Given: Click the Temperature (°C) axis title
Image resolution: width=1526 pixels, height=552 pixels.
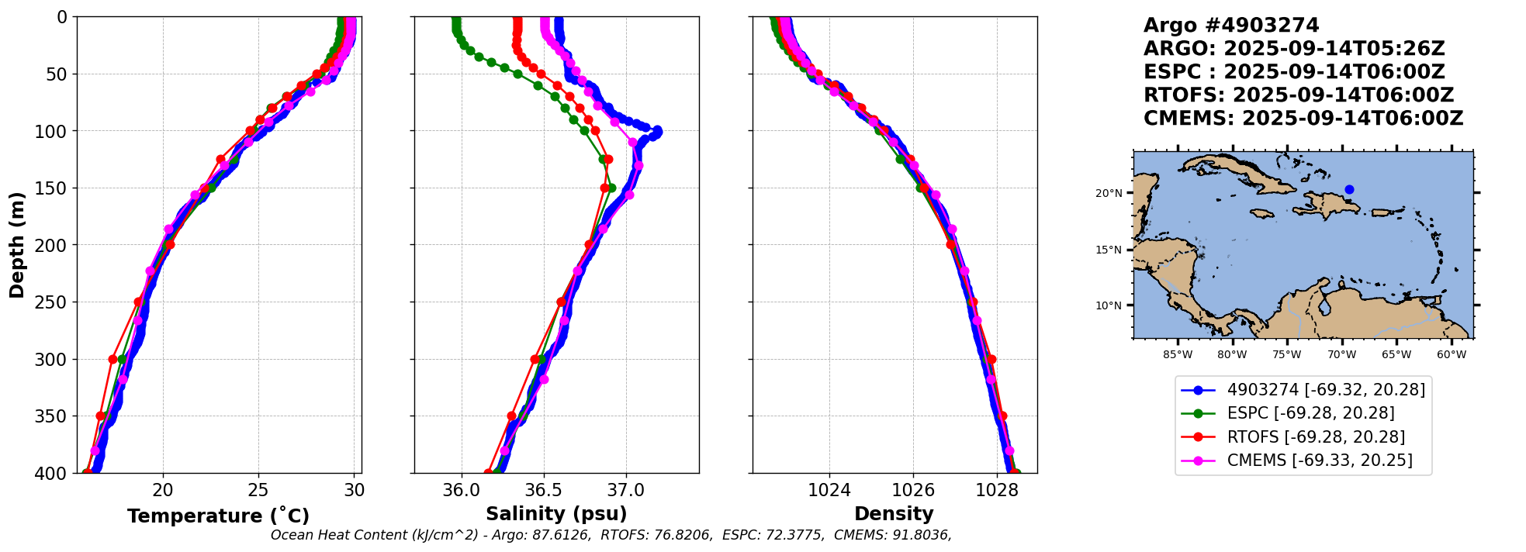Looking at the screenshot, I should [x=218, y=516].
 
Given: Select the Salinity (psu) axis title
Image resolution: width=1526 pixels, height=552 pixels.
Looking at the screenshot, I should [x=556, y=514].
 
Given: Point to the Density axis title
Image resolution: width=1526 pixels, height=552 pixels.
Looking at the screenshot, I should [x=894, y=514].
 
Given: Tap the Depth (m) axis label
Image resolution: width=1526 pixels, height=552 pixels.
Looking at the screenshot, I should [x=17, y=245].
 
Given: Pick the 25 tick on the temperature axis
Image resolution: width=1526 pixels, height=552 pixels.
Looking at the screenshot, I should [x=258, y=490].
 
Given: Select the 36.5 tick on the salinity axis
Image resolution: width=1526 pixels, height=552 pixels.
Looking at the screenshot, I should [x=543, y=490].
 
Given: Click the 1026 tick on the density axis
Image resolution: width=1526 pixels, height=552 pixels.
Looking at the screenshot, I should [x=913, y=490].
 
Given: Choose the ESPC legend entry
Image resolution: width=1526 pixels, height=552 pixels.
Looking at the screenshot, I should [x=1310, y=413].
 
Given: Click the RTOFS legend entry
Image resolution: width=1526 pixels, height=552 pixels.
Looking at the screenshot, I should [x=1316, y=437].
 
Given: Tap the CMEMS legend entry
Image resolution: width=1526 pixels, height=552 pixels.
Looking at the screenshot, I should [x=1319, y=461].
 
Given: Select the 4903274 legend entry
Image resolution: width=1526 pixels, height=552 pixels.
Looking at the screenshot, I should [x=1326, y=390].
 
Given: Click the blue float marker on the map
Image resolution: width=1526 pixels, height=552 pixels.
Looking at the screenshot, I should [x=1349, y=189].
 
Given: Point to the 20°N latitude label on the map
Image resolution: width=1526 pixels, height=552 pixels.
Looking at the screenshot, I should [x=1109, y=193].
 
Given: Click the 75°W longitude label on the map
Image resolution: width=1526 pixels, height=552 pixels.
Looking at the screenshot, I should [x=1286, y=355].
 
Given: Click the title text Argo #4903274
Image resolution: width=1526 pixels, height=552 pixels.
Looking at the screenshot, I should [x=1231, y=26].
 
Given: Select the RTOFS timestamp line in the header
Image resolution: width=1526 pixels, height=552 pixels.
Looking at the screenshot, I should [x=1298, y=95].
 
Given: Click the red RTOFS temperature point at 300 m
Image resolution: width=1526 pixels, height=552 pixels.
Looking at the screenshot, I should [x=113, y=359].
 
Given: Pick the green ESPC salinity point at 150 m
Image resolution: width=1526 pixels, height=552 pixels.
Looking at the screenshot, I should [x=611, y=188].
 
